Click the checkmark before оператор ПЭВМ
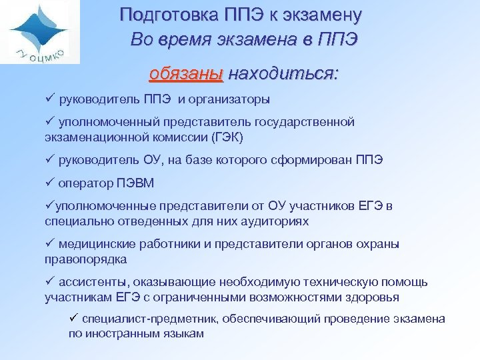click(x=49, y=183)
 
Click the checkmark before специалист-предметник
click(x=75, y=319)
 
